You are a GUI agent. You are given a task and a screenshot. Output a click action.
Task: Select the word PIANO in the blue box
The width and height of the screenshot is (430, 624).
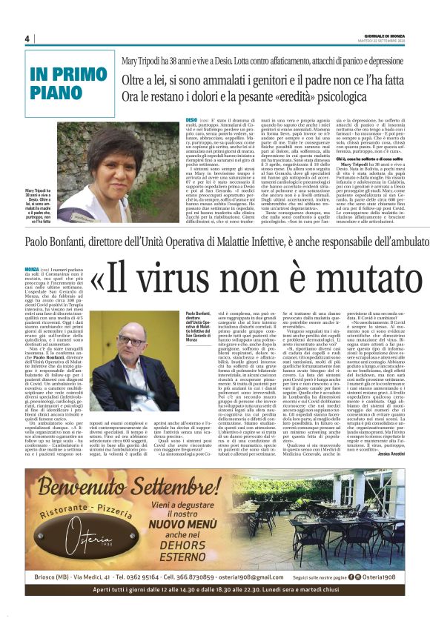point(53,91)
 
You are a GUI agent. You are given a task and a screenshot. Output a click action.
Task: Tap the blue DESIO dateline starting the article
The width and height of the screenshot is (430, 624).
point(192,119)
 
